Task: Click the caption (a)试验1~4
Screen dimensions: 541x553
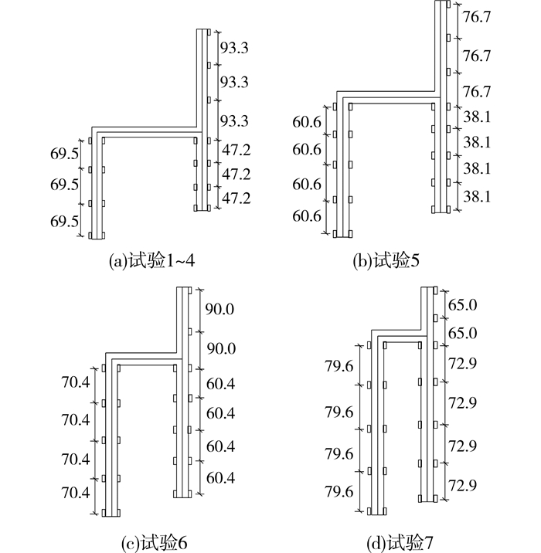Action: (x=152, y=261)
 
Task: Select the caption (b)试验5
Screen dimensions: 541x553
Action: (x=386, y=261)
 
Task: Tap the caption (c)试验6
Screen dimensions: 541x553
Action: (x=155, y=544)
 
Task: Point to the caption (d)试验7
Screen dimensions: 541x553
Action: (x=400, y=544)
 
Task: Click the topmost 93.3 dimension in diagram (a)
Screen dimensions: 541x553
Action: (x=234, y=47)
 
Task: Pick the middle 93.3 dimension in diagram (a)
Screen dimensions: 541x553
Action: (x=234, y=82)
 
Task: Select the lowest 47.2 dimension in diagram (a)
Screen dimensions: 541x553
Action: (x=236, y=198)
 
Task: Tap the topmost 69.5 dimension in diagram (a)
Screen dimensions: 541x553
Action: (x=64, y=154)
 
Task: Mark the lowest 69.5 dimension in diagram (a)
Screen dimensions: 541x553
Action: (x=64, y=222)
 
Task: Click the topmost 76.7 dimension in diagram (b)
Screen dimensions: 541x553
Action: (x=477, y=17)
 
